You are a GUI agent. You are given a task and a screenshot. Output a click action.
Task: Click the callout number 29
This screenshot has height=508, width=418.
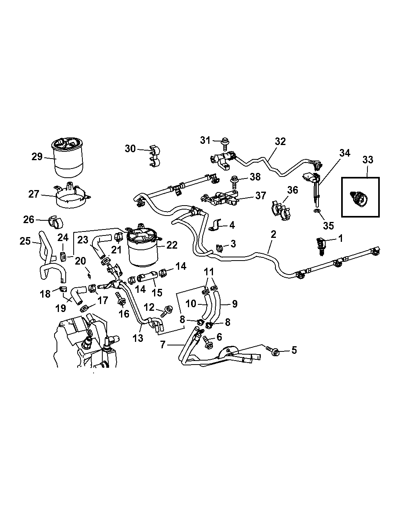coord(37,157)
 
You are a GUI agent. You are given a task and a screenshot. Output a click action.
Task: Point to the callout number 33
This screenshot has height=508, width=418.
coord(368,160)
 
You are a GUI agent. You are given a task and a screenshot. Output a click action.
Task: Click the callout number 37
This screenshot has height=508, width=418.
coord(261,195)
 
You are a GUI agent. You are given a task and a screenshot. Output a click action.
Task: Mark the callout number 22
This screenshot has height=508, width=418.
coord(172,245)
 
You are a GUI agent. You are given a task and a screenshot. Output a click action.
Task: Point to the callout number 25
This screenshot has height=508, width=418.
coord(25,241)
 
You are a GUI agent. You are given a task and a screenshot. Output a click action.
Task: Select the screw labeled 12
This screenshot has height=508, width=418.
coord(166,310)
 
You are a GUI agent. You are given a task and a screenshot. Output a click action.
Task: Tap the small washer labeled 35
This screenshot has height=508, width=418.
coord(317,210)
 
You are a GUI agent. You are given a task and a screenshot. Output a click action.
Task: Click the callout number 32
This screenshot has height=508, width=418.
coord(280,141)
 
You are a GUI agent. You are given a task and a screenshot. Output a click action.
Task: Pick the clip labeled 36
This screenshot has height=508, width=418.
coord(281,210)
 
